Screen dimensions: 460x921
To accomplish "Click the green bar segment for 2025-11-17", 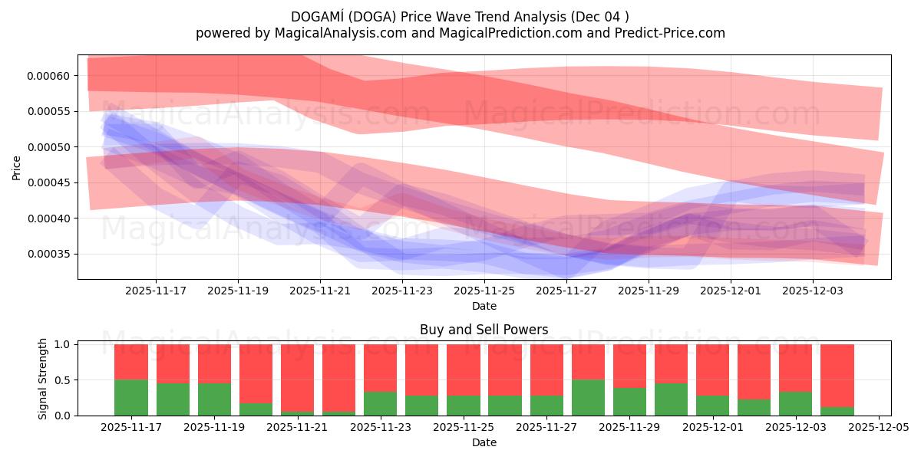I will tap(131, 397).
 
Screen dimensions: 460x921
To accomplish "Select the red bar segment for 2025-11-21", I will tap(298, 377).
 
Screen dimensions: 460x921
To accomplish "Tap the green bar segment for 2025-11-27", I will tap(547, 406).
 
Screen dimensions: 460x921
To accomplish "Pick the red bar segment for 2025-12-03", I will tap(795, 368).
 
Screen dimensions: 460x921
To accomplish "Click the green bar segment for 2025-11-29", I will tap(630, 402).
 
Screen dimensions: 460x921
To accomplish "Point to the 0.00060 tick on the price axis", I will tap(49, 76).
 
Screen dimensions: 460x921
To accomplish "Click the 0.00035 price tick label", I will tap(49, 255).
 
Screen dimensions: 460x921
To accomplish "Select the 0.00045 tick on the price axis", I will tap(49, 183).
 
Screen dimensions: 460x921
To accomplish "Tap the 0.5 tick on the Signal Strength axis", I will tap(64, 380).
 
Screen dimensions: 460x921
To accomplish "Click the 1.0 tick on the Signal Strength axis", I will tap(64, 345).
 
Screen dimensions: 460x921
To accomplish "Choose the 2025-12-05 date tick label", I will tap(878, 428).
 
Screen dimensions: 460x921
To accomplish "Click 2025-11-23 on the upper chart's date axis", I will tap(402, 291).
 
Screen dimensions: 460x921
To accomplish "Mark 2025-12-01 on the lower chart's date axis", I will tap(713, 428).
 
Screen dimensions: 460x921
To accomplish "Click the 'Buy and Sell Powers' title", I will tap(484, 330).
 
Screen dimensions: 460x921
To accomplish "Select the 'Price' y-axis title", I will tap(17, 168).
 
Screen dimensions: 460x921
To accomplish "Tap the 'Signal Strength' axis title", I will tap(43, 379).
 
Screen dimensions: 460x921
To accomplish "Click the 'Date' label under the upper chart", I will tap(484, 306).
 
